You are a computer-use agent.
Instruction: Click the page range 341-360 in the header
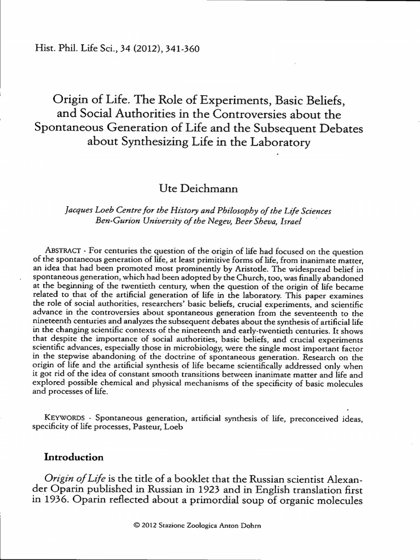coord(177,48)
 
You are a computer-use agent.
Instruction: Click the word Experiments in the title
coord(213,100)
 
